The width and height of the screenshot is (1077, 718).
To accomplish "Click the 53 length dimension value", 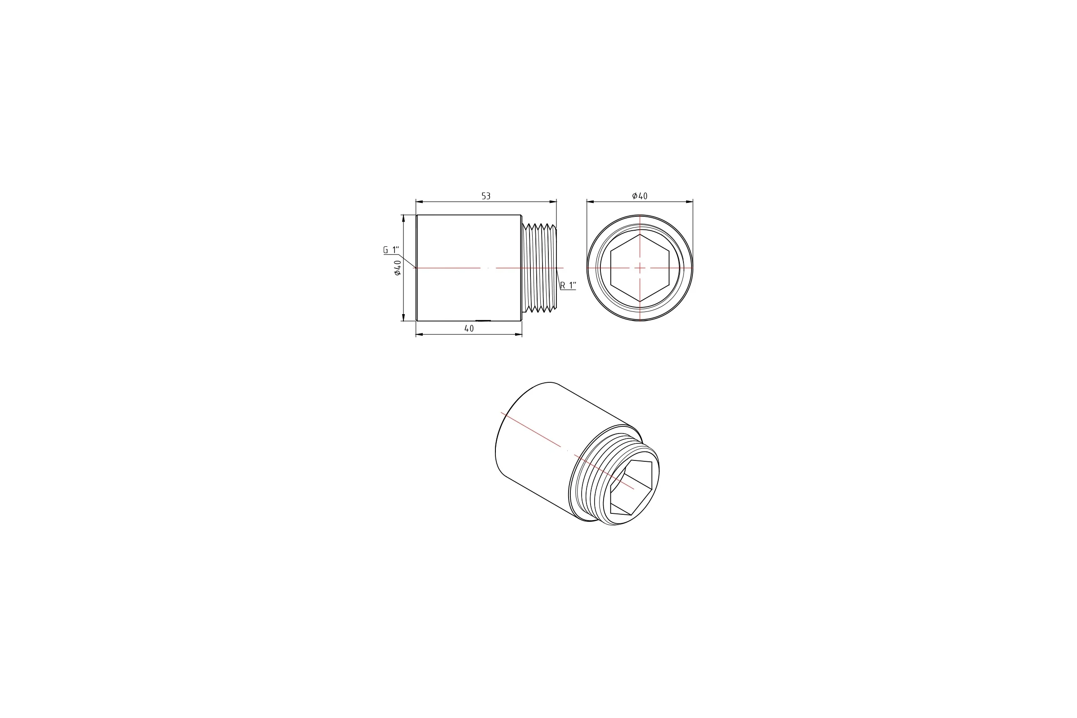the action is [486, 196].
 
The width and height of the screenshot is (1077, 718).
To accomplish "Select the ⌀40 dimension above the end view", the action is [640, 196].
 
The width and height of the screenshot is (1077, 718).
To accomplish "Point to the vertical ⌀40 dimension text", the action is [397, 268].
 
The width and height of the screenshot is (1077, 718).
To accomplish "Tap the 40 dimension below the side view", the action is [469, 328].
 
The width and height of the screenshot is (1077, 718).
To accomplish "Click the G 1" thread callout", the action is [391, 250].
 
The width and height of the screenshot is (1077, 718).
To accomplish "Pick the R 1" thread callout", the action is [568, 285].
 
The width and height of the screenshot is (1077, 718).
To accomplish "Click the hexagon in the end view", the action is [640, 268].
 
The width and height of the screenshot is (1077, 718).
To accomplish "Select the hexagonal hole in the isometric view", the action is [630, 488].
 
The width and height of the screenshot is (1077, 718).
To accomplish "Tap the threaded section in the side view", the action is [539, 268].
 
